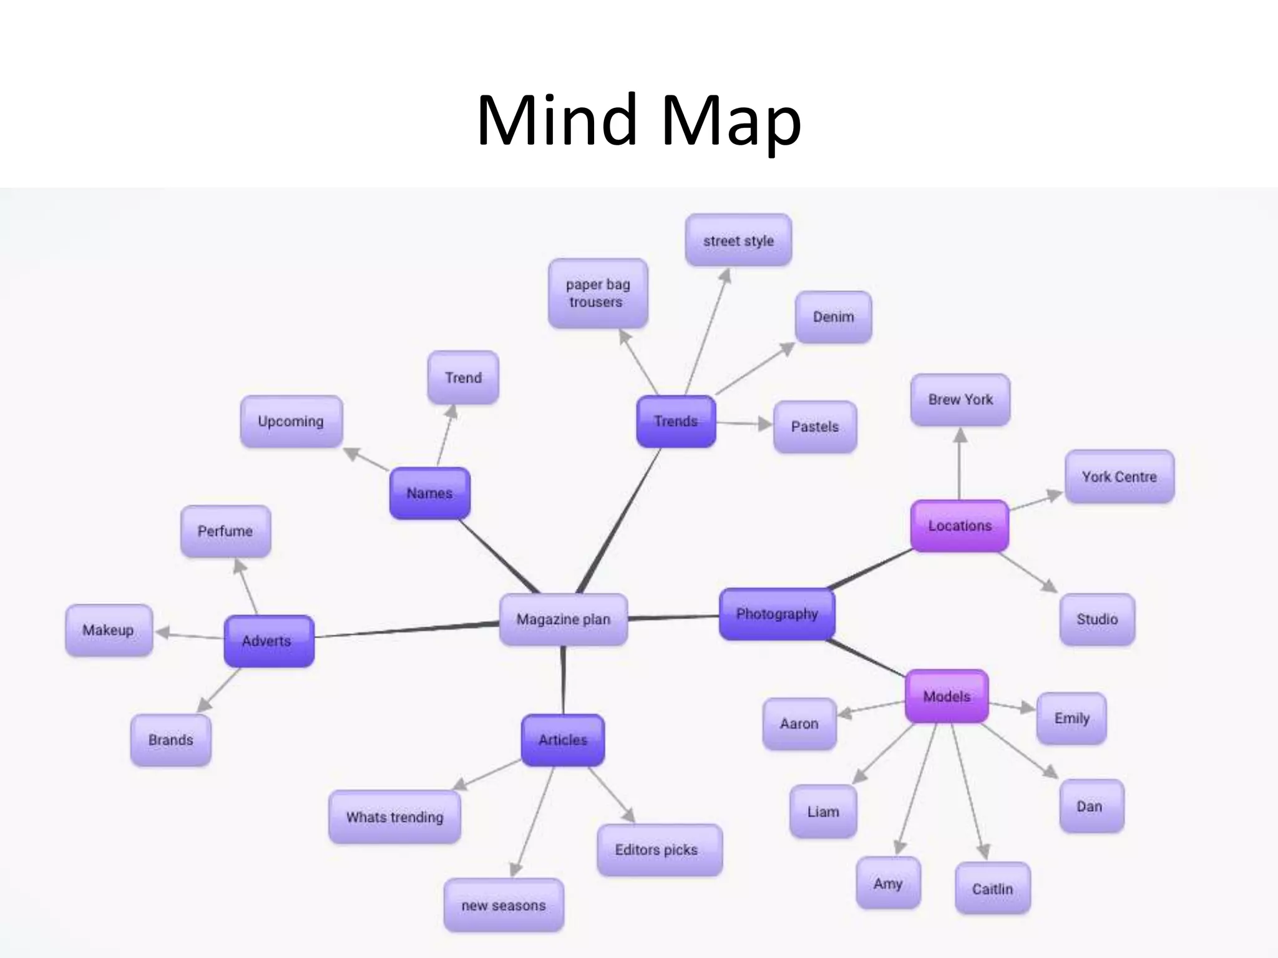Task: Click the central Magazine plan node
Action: click(563, 619)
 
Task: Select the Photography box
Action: click(776, 614)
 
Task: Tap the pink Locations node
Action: click(959, 526)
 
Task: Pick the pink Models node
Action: click(946, 697)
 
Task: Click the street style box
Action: click(738, 241)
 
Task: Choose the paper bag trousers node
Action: click(598, 293)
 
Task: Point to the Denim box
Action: click(833, 317)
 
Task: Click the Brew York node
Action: click(960, 400)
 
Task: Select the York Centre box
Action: click(1119, 477)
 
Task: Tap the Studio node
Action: click(1096, 619)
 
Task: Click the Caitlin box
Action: click(992, 889)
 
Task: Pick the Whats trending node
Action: click(394, 817)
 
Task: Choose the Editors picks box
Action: click(659, 850)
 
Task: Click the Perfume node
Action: click(225, 531)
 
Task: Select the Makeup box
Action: click(109, 630)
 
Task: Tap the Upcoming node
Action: click(291, 422)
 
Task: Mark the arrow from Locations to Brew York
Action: click(960, 465)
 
